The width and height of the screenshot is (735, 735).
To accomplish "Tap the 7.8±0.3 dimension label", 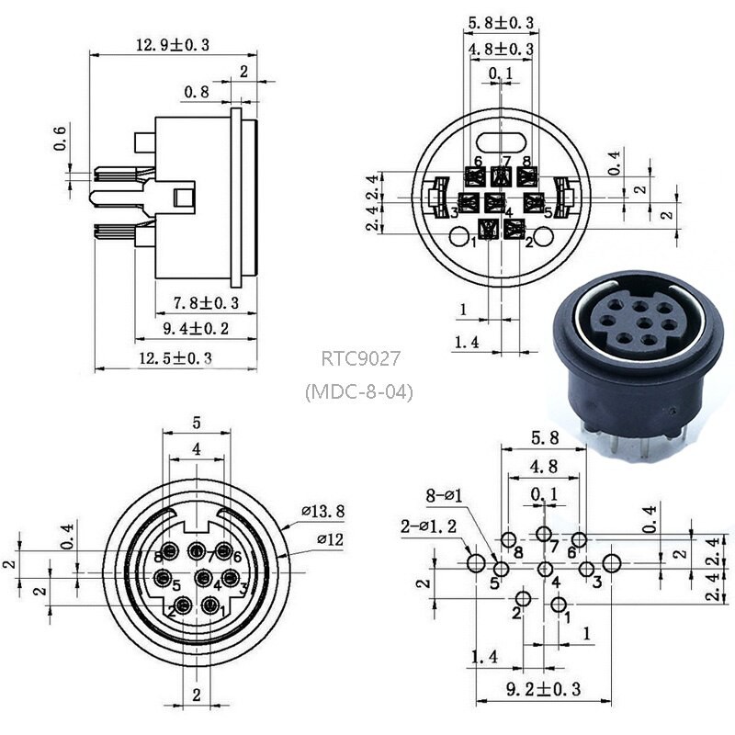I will [206, 302].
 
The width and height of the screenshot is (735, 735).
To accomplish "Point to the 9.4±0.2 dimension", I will [196, 328].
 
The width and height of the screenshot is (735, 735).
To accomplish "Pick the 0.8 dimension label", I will [196, 92].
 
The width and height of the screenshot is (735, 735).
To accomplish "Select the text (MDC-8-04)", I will [359, 391].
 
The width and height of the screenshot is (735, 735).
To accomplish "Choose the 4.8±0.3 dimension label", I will [501, 49].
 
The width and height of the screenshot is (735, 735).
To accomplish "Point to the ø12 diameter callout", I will [328, 539].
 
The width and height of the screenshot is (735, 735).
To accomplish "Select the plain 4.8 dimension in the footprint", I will [544, 466].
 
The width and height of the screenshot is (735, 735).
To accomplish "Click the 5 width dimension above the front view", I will [196, 424].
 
